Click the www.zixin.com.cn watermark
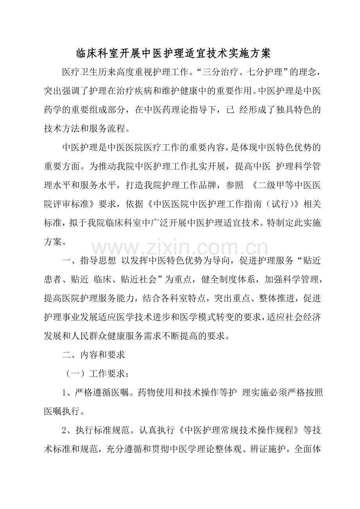180,248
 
